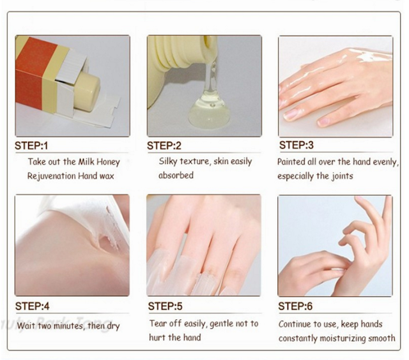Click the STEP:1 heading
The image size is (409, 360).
(x=31, y=146)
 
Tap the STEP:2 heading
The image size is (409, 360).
(x=164, y=146)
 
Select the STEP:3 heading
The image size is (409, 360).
(x=297, y=145)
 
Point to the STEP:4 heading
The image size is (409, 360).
(x=32, y=306)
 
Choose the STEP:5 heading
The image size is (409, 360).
(x=165, y=306)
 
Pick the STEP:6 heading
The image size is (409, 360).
(x=295, y=306)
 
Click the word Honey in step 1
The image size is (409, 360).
(x=108, y=162)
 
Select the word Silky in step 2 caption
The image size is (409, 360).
(x=168, y=161)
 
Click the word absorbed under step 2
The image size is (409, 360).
(x=176, y=175)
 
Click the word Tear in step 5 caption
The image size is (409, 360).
(x=157, y=324)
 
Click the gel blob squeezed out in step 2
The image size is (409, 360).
(x=209, y=111)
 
